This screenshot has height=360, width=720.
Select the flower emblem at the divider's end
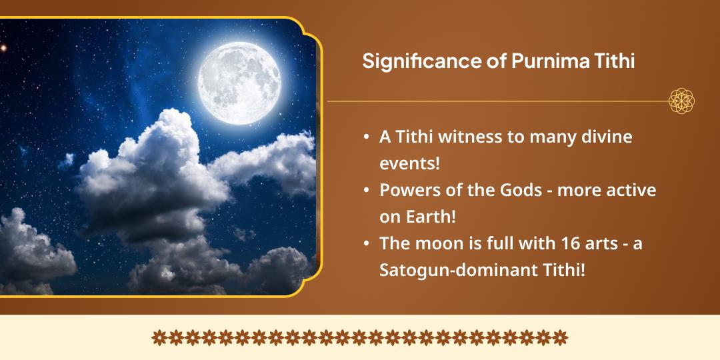(x=681, y=101)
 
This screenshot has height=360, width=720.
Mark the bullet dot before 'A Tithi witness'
(x=367, y=137)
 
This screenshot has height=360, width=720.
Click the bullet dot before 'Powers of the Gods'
(x=367, y=191)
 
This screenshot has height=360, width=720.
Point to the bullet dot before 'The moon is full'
(x=367, y=244)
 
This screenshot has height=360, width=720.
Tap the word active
(x=631, y=190)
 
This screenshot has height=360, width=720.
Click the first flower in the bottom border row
(x=159, y=337)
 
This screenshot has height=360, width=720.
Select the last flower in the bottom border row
(x=561, y=337)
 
